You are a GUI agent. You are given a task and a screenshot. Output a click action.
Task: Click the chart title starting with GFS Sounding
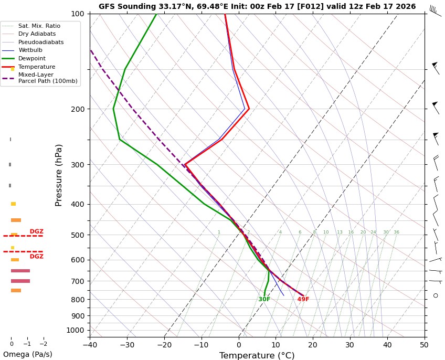[x=257, y=7]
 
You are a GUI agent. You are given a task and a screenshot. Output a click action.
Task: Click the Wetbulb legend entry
[x=30, y=50]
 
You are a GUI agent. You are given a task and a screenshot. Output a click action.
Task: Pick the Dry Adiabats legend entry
[x=37, y=34]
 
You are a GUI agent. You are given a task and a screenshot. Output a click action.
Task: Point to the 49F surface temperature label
[x=303, y=300]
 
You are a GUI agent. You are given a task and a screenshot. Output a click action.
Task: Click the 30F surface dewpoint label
[x=264, y=300]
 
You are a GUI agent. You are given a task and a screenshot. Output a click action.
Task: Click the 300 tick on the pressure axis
[x=78, y=165]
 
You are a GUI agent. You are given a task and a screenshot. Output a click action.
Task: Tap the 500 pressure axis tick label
[x=78, y=235]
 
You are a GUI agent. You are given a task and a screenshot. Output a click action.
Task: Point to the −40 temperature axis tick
[x=90, y=345]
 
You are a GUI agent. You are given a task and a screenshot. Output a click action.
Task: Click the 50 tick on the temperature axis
[x=424, y=345]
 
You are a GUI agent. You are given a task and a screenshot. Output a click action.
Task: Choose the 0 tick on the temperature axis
[x=239, y=345]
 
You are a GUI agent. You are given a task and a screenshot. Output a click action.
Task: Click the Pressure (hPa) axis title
[x=59, y=175]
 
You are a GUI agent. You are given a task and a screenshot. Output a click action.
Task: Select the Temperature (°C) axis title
[x=257, y=355]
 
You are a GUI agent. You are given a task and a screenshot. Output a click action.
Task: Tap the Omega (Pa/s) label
[x=28, y=354]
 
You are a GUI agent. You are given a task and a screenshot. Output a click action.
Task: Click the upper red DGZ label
[x=37, y=231]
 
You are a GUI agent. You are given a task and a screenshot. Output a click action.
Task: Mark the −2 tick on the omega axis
[x=43, y=344]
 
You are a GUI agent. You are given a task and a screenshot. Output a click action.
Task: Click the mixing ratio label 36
[x=396, y=232]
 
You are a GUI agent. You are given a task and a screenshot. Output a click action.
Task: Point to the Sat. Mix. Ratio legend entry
[x=39, y=26]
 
